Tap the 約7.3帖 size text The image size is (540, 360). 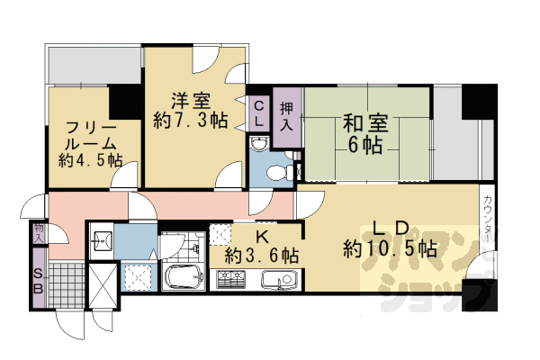coord(190,120)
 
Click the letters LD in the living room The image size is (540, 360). coord(391,228)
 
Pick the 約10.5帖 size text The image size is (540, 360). coord(391,248)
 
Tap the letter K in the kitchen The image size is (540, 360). coord(260,236)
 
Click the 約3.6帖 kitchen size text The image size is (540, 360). coord(262,256)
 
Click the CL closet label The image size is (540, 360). coord(258,113)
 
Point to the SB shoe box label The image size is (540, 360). coord(39,282)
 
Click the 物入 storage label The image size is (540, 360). coord(39,232)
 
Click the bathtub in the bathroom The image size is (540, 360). coord(185,278)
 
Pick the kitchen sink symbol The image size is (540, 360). coord(277,280)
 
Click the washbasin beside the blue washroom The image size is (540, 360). coord(102,239)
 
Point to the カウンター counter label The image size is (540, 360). coord(487,221)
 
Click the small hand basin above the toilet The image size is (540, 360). coord(259,145)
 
